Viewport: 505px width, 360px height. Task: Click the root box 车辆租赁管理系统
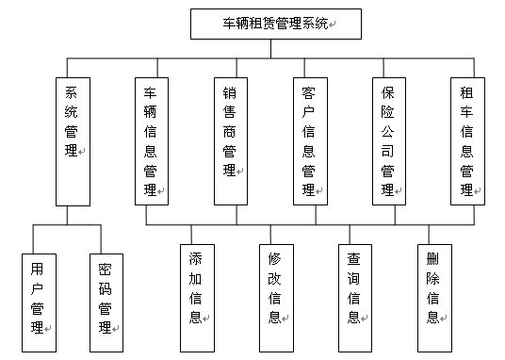[270, 24]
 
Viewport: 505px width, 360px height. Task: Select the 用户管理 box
[38, 296]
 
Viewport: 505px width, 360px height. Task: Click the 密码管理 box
[106, 296]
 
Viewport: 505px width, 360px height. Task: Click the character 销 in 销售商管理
[229, 95]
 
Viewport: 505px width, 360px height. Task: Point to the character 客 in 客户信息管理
[308, 95]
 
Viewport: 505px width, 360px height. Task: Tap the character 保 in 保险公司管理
[387, 95]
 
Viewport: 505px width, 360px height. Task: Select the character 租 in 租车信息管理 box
[466, 95]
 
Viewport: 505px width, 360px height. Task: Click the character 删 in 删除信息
[432, 258]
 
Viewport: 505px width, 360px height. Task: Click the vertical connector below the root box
[270, 48]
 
